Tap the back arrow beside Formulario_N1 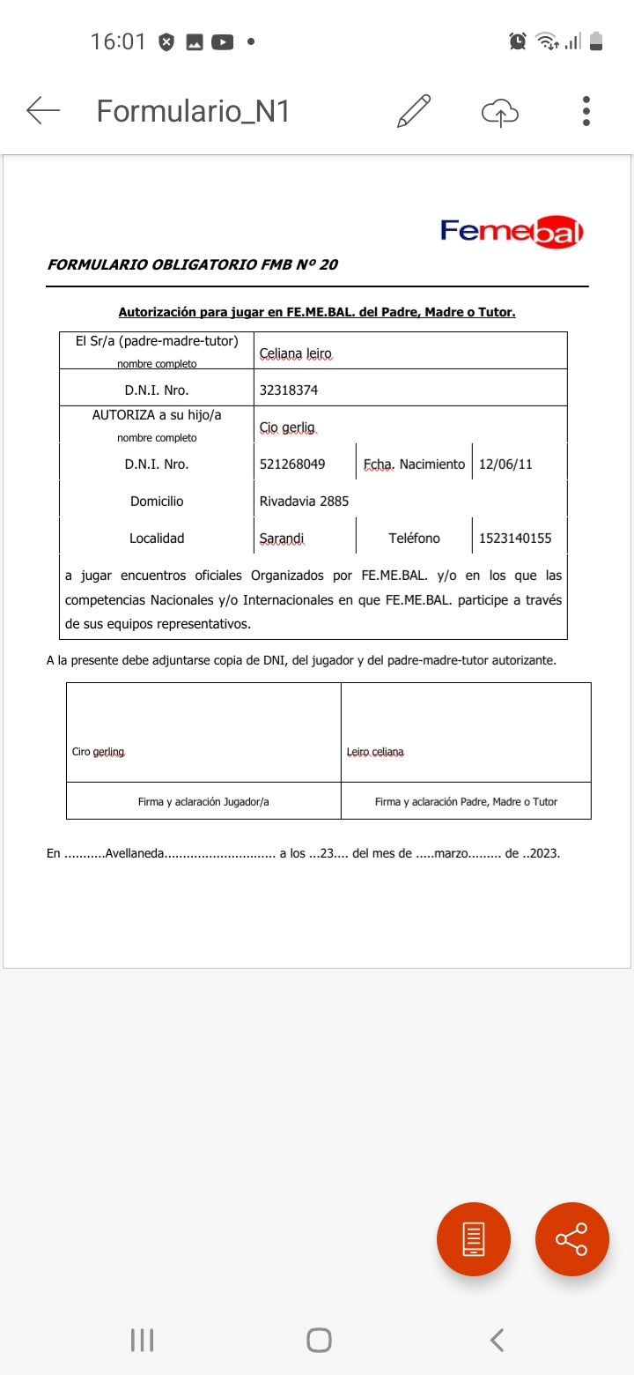click(43, 111)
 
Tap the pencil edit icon click(414, 111)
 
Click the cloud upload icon click(500, 112)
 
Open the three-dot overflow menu click(586, 111)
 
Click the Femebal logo click(512, 232)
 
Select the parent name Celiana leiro click(296, 353)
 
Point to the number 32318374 click(289, 390)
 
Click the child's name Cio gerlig click(287, 427)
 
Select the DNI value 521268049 click(292, 464)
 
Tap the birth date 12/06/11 click(505, 464)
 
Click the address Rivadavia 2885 click(304, 501)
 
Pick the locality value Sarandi click(282, 538)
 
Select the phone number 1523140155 click(515, 538)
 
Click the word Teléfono click(414, 538)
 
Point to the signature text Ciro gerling click(99, 752)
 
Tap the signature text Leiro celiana click(375, 752)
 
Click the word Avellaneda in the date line click(134, 853)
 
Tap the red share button click(572, 1238)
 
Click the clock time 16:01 click(118, 41)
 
